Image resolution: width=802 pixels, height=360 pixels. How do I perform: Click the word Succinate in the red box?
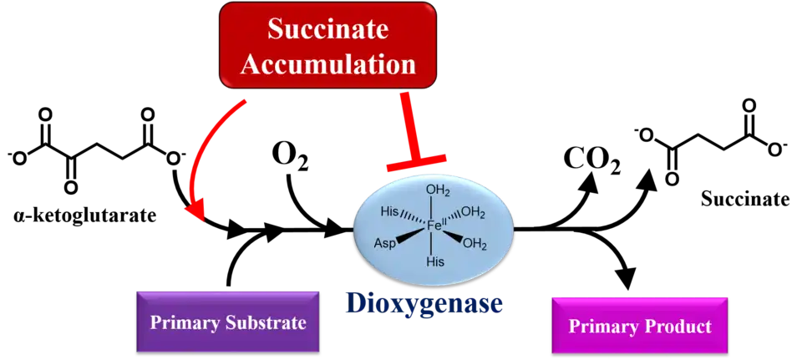click(328, 29)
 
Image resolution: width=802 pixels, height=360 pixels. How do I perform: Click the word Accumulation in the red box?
click(328, 63)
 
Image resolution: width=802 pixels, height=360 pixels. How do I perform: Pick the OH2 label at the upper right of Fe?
click(473, 213)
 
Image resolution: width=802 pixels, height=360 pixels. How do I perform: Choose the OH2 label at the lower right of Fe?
click(475, 245)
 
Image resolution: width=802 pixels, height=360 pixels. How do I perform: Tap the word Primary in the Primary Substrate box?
click(179, 322)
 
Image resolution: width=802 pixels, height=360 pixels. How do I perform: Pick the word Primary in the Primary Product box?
click(599, 326)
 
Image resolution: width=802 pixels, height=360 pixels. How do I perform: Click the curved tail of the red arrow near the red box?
click(226, 117)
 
